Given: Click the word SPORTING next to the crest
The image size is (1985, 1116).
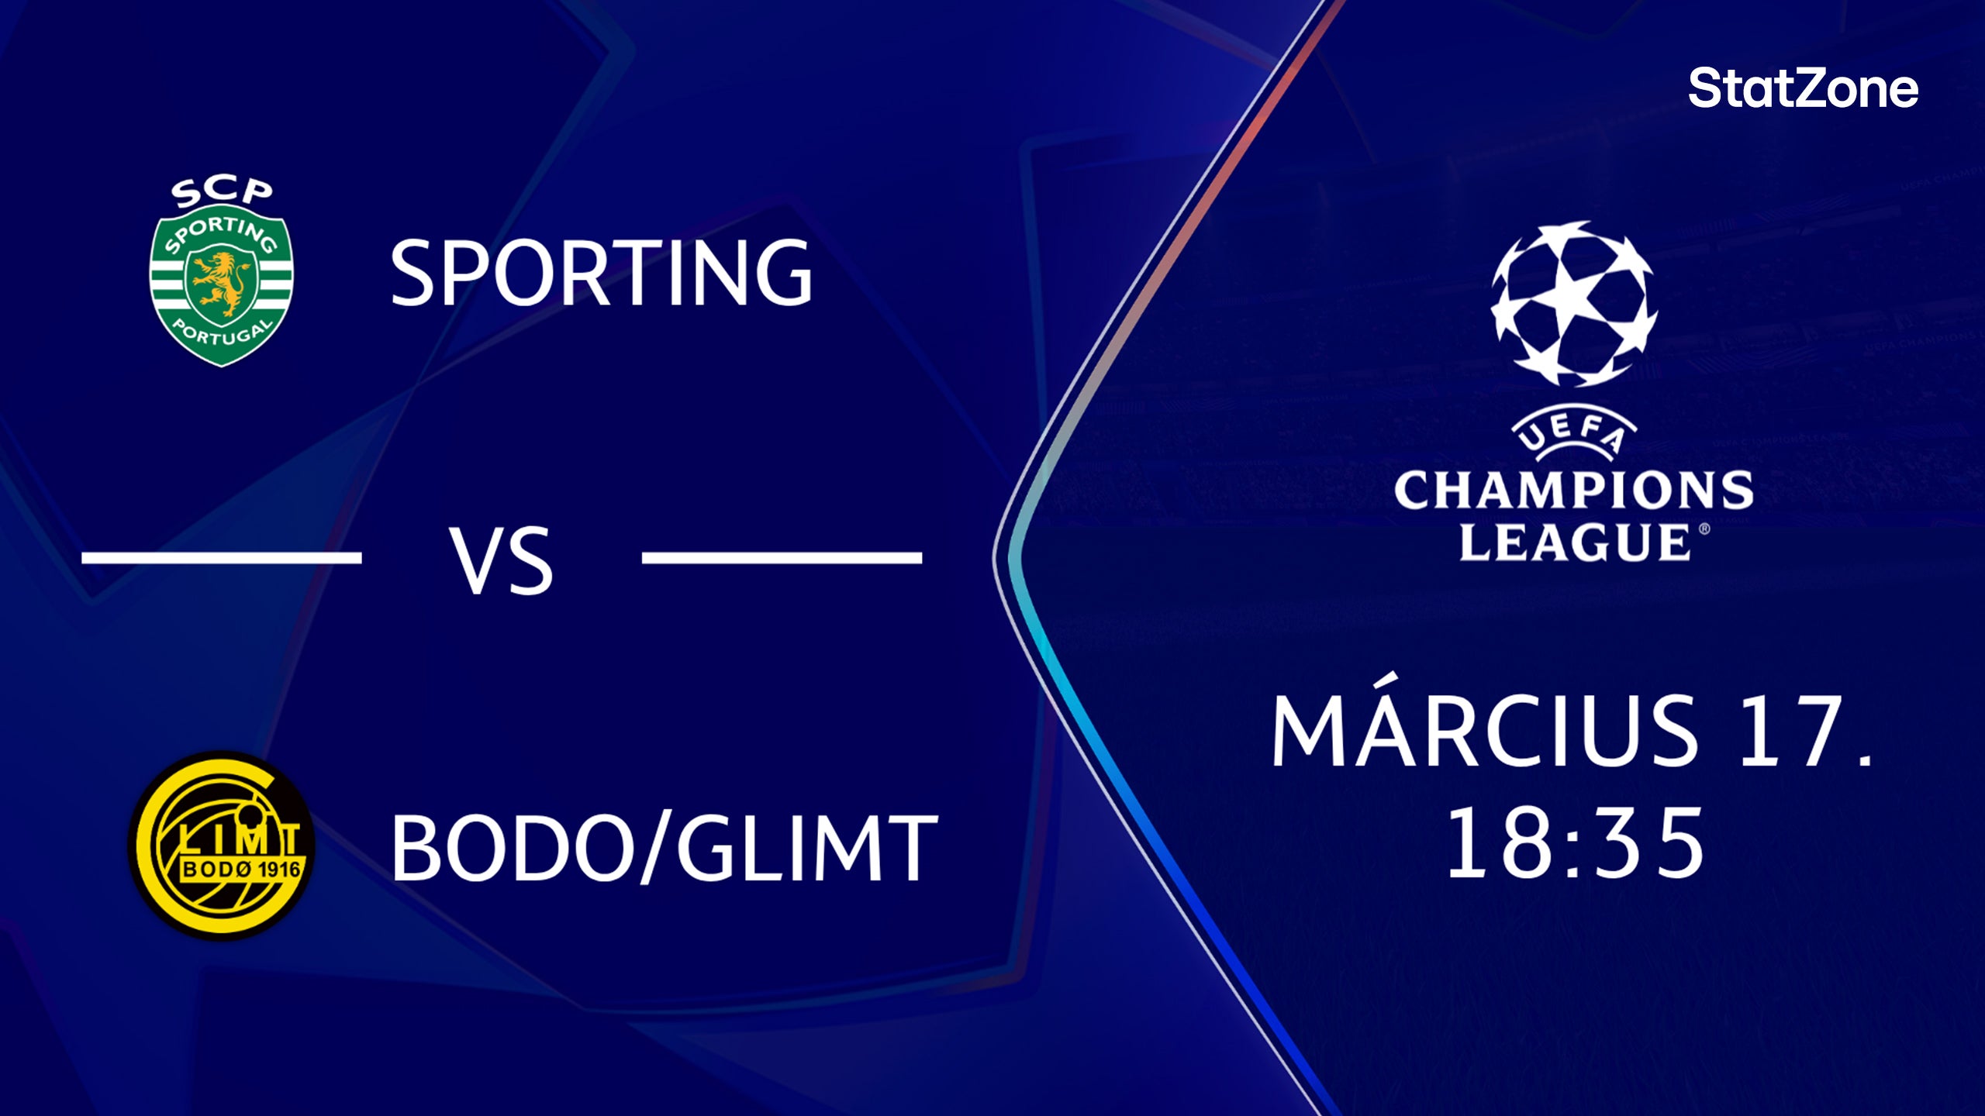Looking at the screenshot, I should click(601, 273).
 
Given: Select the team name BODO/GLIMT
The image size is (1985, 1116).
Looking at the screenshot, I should click(664, 848).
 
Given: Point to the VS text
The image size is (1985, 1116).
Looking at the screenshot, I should click(502, 560).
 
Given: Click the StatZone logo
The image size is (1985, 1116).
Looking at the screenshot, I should click(1803, 88).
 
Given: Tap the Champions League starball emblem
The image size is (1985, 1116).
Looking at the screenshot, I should click(1574, 304).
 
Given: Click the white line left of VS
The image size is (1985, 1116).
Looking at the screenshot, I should click(222, 557).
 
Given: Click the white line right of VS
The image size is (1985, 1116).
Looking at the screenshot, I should click(782, 557).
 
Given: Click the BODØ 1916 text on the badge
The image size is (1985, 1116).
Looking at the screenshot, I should click(240, 869).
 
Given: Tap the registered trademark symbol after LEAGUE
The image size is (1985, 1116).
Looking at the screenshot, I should click(1704, 529).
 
